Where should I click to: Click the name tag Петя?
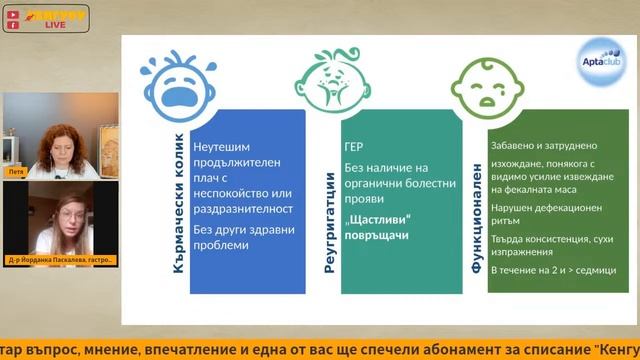(15, 172)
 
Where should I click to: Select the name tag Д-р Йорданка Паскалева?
(61, 260)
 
